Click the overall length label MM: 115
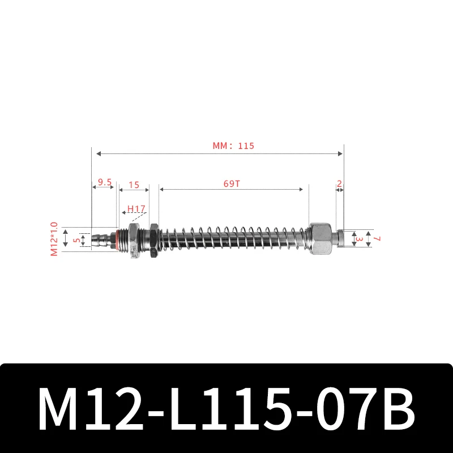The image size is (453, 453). coord(233,146)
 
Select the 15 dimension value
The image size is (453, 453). coord(134,185)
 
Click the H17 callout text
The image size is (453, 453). coord(136,209)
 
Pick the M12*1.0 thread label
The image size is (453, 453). coord(55,238)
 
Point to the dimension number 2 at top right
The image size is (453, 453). coord(339,183)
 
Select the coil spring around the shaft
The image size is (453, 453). coord(235,238)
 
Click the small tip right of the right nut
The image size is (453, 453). coord(340,238)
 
